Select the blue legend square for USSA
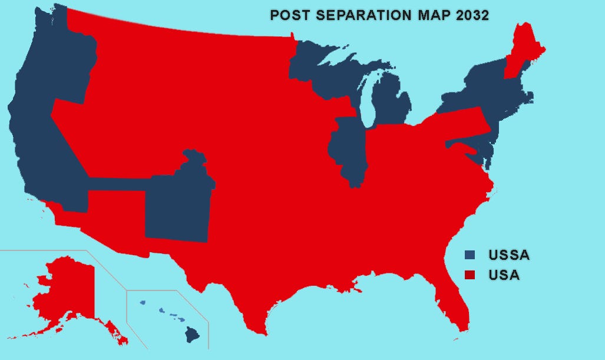(470, 255)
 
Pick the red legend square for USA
(470, 275)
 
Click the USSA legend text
(509, 255)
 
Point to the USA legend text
(504, 275)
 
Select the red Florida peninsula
(457, 300)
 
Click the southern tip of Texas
(260, 330)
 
